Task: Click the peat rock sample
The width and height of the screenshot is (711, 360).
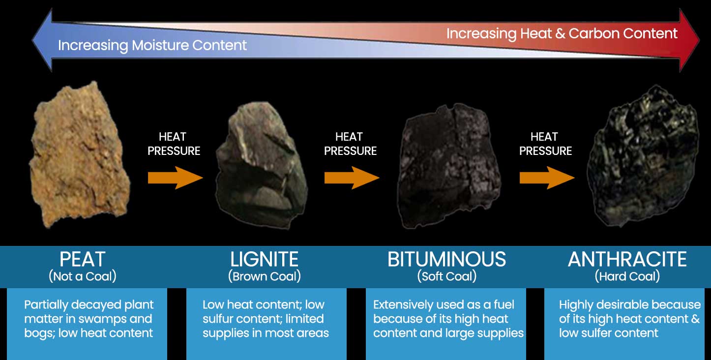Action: coord(79,155)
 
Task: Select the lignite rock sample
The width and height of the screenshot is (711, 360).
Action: coord(262,165)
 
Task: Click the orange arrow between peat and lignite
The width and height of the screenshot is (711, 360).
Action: coord(175,178)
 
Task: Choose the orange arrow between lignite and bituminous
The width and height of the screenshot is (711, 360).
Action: coord(352,178)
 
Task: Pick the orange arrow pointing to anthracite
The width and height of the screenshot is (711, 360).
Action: coord(547,178)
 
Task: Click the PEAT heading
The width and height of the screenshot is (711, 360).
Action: coord(82,259)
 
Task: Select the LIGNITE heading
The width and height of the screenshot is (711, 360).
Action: coord(264,259)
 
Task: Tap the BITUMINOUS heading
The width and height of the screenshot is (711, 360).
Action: coord(446,259)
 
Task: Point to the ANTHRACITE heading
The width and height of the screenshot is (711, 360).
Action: coord(627,259)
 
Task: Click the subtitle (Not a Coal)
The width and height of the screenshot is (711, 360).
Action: coord(83,276)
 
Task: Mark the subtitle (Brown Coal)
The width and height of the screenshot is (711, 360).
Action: coord(265,276)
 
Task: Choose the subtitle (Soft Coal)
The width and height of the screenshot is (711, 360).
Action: coord(447,276)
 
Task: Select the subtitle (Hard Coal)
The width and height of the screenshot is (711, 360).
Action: coord(627,276)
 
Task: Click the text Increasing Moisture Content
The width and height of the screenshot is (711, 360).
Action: coord(152,45)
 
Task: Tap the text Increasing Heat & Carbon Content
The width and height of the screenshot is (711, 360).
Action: coord(562,33)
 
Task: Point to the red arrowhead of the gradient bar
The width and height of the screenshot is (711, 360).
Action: coord(689,40)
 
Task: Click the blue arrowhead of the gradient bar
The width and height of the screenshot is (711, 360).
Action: coord(42,40)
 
